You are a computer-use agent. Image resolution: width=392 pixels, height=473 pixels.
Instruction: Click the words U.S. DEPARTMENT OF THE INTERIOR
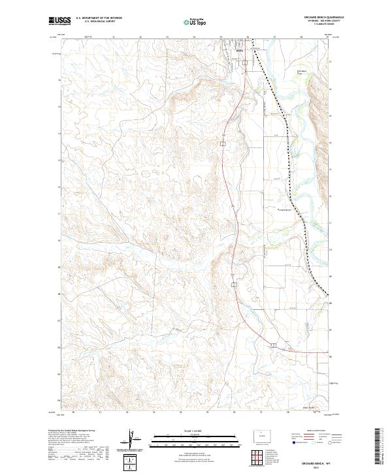click(99, 19)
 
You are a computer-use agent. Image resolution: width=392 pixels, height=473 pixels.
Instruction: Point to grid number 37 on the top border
click(274, 37)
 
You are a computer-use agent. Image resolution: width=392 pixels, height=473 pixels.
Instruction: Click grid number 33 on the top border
click(167, 37)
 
